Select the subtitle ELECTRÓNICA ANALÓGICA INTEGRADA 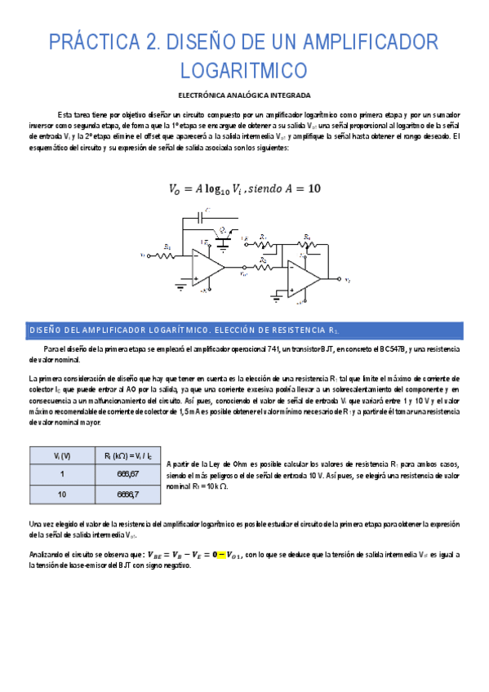pos(244,95)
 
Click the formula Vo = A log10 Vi pos(244,188)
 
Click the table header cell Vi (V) pos(56,455)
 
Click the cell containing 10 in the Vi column pos(56,495)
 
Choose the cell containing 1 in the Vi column pos(56,474)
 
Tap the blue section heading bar pos(244,330)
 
